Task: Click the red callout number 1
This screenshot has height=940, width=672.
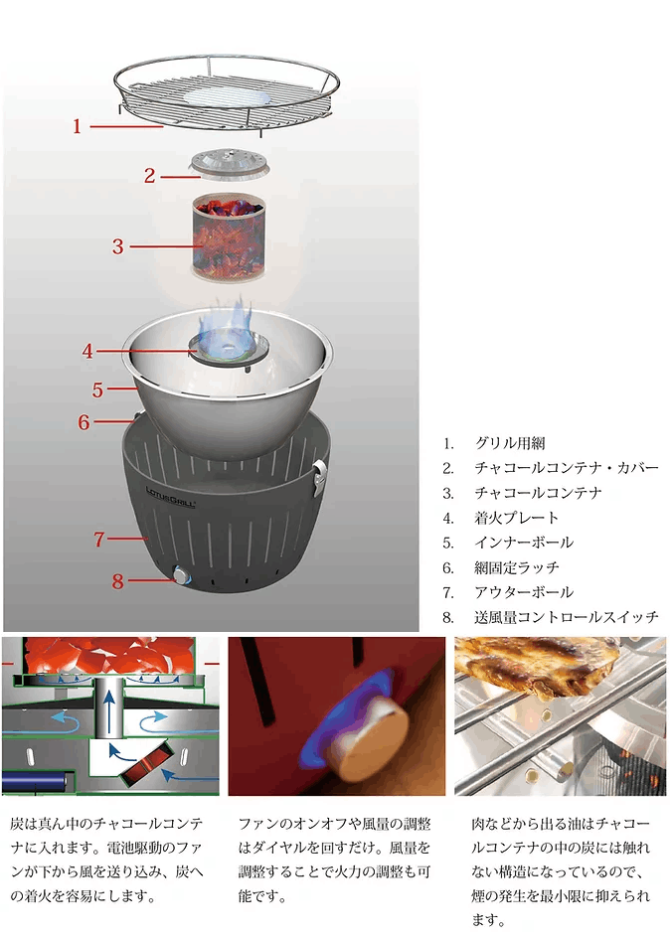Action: pyautogui.click(x=77, y=126)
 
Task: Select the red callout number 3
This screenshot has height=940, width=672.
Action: pyautogui.click(x=117, y=245)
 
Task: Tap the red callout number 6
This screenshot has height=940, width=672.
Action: pyautogui.click(x=84, y=421)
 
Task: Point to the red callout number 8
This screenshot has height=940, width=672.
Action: pyautogui.click(x=117, y=581)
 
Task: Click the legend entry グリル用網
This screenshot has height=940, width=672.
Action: pyautogui.click(x=509, y=443)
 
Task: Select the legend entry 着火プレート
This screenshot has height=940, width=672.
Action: pyautogui.click(x=516, y=518)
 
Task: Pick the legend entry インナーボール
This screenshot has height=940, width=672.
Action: pyautogui.click(x=523, y=543)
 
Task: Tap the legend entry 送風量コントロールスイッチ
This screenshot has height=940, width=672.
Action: pyautogui.click(x=566, y=617)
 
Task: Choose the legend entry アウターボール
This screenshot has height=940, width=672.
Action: pyautogui.click(x=523, y=592)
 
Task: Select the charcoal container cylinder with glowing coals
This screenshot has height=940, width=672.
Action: pyautogui.click(x=230, y=235)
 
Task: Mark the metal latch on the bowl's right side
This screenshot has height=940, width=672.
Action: pyautogui.click(x=318, y=475)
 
